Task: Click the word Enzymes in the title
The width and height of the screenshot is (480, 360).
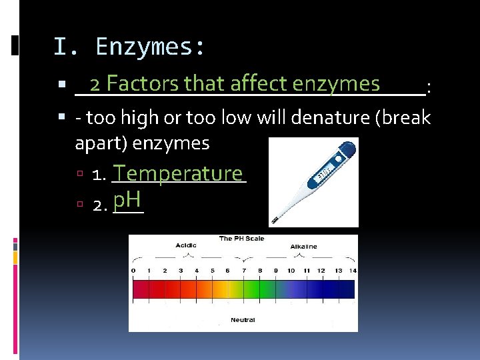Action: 150,47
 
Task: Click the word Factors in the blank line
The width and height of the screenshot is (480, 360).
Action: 143,84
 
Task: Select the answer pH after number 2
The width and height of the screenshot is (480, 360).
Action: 126,199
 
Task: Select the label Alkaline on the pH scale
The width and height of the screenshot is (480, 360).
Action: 303,246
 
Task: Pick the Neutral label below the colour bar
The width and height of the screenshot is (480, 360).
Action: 243,320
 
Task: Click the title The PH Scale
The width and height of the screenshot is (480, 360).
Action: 242,238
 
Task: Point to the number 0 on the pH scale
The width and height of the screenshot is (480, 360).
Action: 133,271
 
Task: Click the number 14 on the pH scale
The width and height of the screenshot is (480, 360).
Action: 353,271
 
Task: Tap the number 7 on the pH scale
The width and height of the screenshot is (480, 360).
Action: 243,271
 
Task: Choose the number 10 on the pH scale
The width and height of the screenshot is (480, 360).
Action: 291,271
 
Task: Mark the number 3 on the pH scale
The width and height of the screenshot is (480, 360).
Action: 181,271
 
